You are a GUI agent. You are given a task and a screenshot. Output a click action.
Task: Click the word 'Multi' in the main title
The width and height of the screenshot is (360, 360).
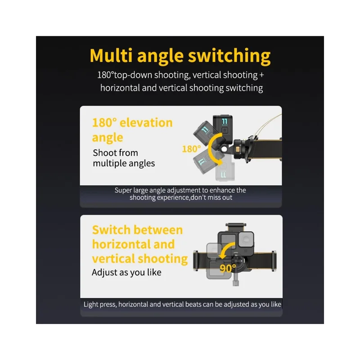(111, 55)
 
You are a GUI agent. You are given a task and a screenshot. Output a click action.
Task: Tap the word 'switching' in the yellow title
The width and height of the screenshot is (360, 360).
(229, 57)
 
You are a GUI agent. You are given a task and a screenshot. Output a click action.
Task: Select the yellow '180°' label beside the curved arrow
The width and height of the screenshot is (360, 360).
(191, 149)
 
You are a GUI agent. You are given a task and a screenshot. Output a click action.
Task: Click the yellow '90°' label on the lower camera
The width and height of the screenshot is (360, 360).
(228, 268)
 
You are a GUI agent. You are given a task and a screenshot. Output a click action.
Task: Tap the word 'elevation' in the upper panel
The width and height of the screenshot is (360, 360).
(146, 122)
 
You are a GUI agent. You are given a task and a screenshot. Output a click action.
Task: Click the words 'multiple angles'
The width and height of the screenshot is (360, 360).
(124, 163)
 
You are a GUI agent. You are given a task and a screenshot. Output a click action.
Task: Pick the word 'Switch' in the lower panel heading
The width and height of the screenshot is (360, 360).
(111, 230)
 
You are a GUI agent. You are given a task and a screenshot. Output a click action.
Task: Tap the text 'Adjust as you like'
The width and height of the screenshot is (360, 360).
(126, 273)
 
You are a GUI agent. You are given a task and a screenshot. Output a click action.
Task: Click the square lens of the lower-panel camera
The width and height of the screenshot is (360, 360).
(246, 240)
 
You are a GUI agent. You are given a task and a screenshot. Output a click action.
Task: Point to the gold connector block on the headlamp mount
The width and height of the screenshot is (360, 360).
(238, 150)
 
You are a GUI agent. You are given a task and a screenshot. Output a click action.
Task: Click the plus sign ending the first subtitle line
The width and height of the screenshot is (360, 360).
(261, 75)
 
